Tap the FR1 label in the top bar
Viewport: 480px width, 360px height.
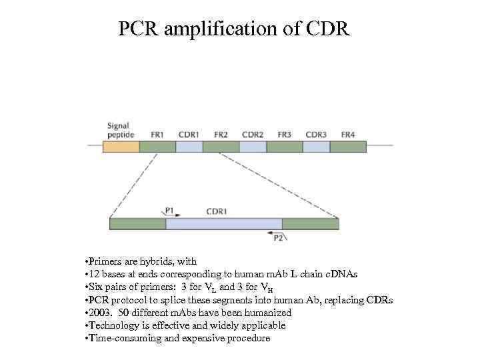click(x=157, y=134)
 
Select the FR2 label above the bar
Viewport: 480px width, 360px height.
click(x=221, y=134)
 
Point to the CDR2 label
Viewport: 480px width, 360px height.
click(x=253, y=134)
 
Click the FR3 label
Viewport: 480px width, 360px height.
click(x=285, y=134)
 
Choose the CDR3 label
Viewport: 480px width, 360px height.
click(x=316, y=134)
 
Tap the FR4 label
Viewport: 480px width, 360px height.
click(x=348, y=134)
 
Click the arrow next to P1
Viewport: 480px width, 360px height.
click(x=165, y=215)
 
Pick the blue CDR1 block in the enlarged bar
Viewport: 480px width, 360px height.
click(x=223, y=224)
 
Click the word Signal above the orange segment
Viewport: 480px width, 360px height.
click(x=119, y=125)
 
